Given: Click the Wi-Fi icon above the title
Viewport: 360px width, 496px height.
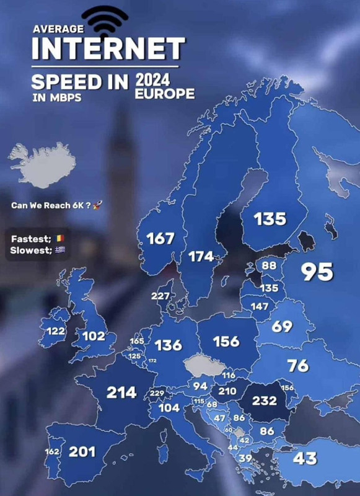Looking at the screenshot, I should point(108,20).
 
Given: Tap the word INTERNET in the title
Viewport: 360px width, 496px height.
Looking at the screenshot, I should point(108,48).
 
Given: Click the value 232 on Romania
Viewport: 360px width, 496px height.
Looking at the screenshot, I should point(265,401).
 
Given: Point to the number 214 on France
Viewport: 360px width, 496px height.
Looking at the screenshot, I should point(121,392).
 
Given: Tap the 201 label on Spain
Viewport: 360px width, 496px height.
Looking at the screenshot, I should point(82,451).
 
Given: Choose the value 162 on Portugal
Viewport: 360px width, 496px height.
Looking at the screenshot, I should point(53,451).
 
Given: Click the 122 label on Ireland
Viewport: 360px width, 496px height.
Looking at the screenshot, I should point(56,331).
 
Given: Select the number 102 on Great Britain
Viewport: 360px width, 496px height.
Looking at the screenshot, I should point(94,336).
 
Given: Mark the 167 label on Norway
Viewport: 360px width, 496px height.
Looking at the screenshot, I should point(160,238).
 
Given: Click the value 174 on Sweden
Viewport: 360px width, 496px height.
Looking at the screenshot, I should point(201,257).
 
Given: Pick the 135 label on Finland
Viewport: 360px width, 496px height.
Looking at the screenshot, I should point(270,218).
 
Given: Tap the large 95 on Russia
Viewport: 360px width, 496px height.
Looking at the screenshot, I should point(317,272).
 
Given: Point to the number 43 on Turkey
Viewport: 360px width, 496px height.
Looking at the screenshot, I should point(304,458).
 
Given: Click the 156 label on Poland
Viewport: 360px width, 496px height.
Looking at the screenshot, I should point(226,342).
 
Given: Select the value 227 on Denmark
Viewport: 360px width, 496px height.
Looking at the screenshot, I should point(160,296).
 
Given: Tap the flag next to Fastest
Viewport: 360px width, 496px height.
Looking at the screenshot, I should point(59,237).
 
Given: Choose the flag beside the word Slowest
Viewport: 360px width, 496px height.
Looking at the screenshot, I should point(60,250).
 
